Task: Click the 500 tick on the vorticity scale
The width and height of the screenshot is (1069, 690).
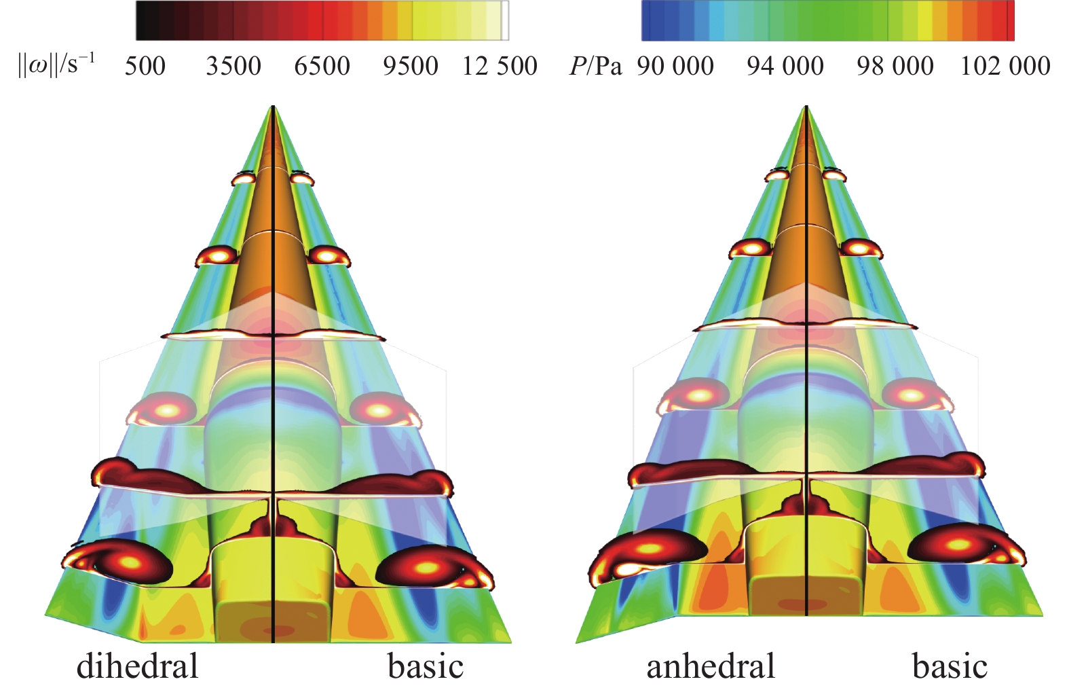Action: [x=145, y=66]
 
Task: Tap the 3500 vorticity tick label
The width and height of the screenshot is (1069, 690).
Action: [x=233, y=66]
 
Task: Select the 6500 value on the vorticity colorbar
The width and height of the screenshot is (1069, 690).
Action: [x=322, y=66]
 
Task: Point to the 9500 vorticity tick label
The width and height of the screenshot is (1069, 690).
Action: [x=410, y=66]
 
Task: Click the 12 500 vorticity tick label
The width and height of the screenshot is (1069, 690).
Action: [x=500, y=66]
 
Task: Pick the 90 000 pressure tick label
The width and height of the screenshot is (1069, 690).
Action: [x=675, y=66]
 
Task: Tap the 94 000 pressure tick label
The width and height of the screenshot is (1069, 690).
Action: [x=785, y=66]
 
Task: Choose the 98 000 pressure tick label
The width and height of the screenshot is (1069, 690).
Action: [x=895, y=66]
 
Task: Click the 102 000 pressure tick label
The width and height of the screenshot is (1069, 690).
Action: [x=1005, y=66]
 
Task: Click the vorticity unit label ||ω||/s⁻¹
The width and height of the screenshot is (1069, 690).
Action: [x=56, y=66]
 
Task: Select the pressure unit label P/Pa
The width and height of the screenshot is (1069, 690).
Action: [x=595, y=66]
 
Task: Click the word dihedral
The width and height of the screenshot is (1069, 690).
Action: [x=137, y=666]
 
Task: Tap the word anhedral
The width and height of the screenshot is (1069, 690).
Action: [x=710, y=666]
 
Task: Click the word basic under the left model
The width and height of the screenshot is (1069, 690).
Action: [x=426, y=666]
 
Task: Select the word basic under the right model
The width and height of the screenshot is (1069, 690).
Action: [x=950, y=666]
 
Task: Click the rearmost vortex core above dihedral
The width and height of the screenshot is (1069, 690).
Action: [x=131, y=563]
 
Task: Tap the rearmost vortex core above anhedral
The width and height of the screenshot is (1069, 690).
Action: [x=650, y=547]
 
